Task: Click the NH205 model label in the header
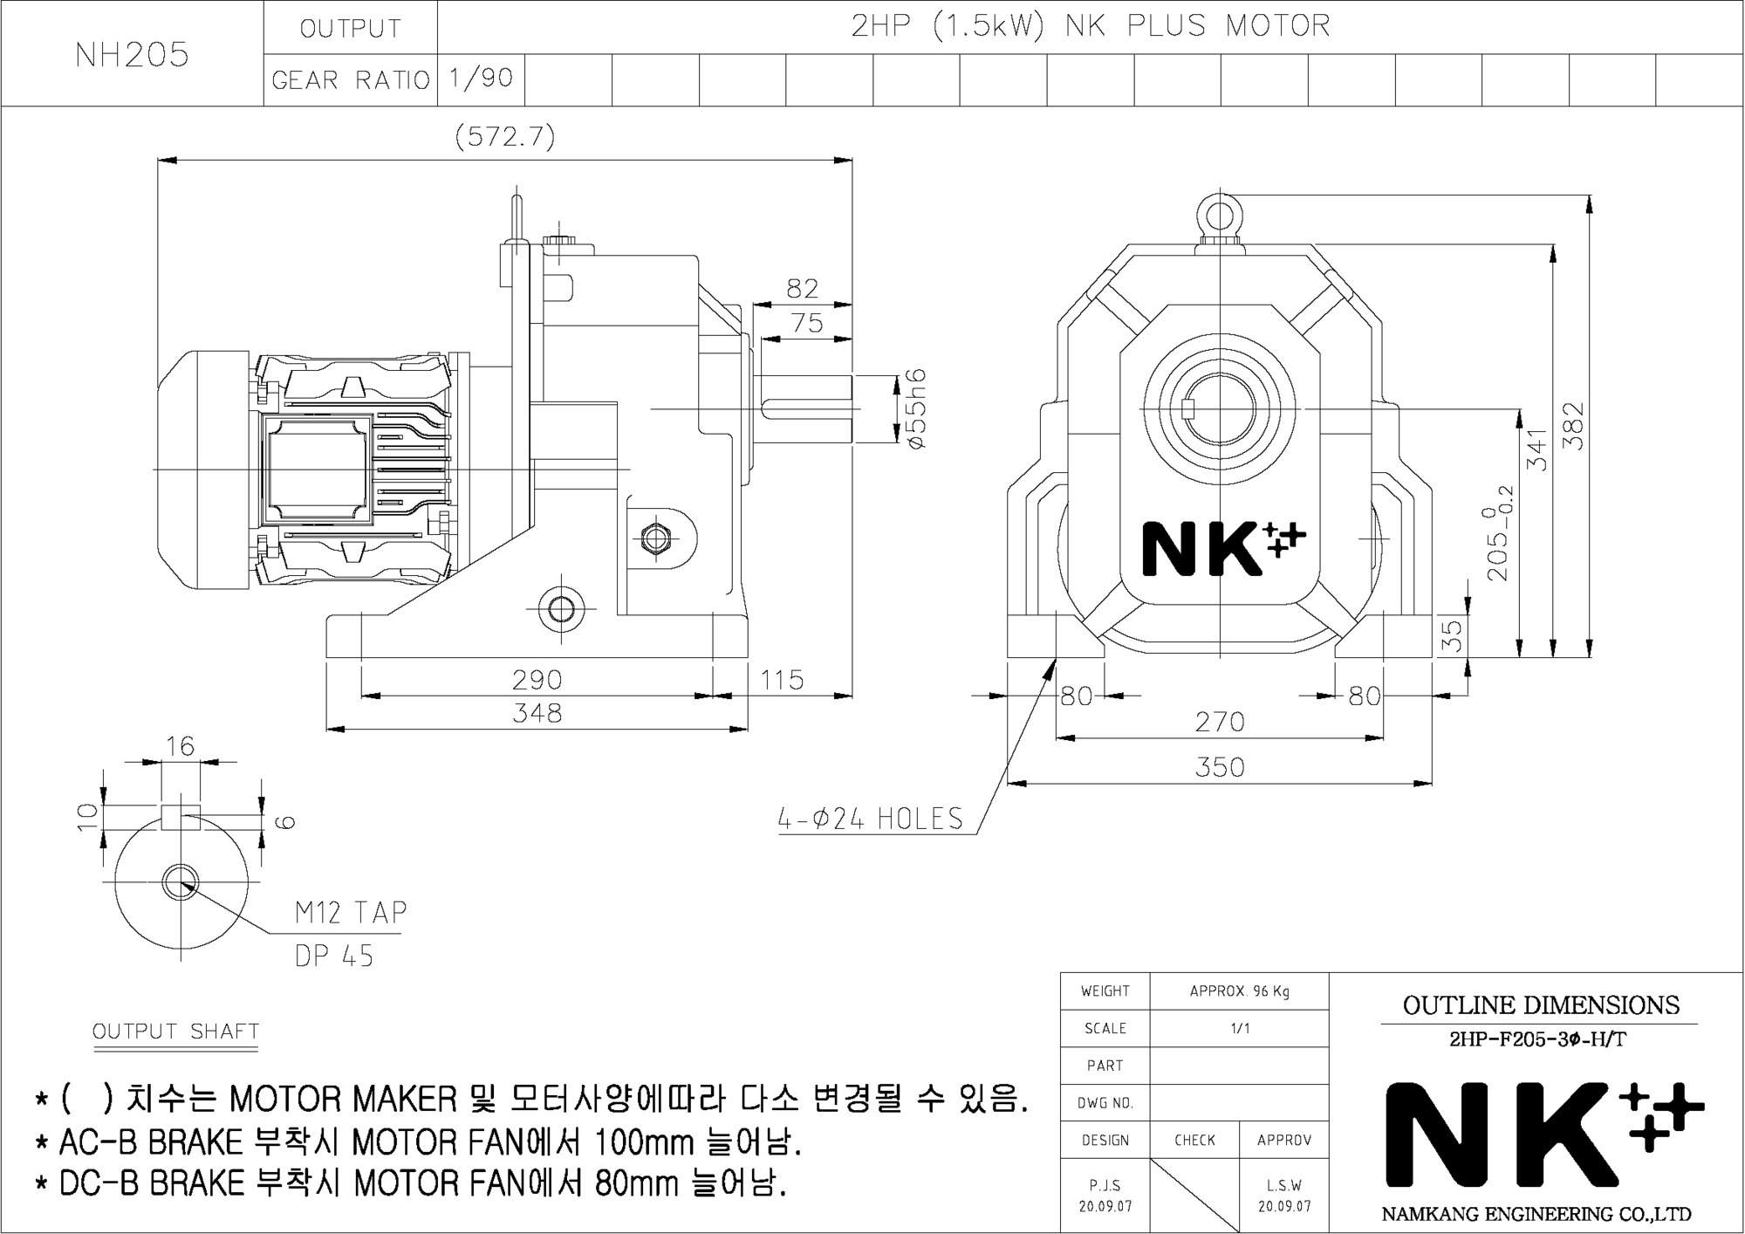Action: click(x=132, y=55)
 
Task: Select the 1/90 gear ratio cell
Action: click(x=481, y=79)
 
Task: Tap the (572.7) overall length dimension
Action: click(x=505, y=137)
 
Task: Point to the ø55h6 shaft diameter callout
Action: click(x=915, y=408)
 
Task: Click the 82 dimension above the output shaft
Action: click(x=803, y=288)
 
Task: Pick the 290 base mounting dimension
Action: click(x=537, y=679)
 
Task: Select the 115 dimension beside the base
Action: click(x=782, y=679)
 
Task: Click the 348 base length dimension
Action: click(x=537, y=713)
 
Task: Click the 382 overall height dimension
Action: click(x=1573, y=426)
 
